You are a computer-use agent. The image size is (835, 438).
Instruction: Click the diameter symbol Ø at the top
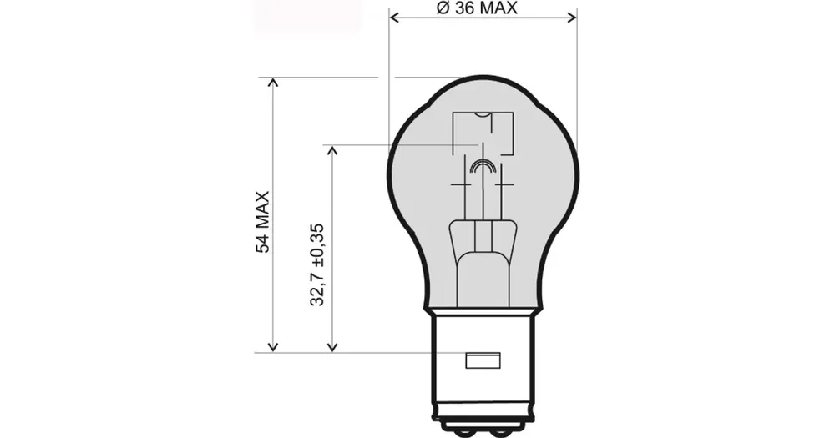coord(443,8)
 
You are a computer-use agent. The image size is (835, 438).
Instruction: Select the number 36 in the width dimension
coord(466,8)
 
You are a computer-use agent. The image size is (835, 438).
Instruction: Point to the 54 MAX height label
coord(263,222)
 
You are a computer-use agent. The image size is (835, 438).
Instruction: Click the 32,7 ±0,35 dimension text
coord(316,265)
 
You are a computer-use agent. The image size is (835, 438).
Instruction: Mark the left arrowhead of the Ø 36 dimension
coord(395,18)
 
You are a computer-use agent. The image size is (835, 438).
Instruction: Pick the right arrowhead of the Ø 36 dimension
coord(572,18)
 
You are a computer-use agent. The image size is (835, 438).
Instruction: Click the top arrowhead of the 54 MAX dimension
coord(273,83)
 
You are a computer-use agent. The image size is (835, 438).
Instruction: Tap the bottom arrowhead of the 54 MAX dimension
coord(273,347)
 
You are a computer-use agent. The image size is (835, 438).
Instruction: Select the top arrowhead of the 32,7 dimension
coord(332,150)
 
